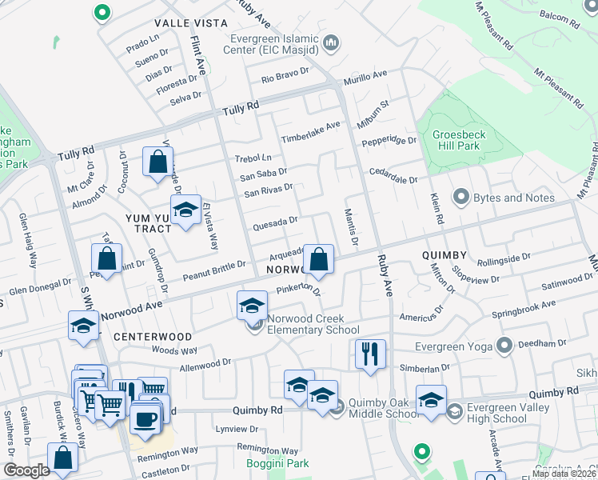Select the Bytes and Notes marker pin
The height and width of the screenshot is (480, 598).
tap(460, 197)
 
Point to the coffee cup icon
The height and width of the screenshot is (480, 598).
tap(144, 418)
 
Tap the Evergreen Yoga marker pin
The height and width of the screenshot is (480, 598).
tap(504, 346)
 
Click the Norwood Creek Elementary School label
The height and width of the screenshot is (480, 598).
tap(313, 324)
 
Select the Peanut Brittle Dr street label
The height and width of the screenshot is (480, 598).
tap(214, 270)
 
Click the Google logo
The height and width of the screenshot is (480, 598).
tap(26, 470)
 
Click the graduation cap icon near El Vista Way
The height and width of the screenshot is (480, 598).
tap(185, 210)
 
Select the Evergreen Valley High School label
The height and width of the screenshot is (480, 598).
tap(509, 413)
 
